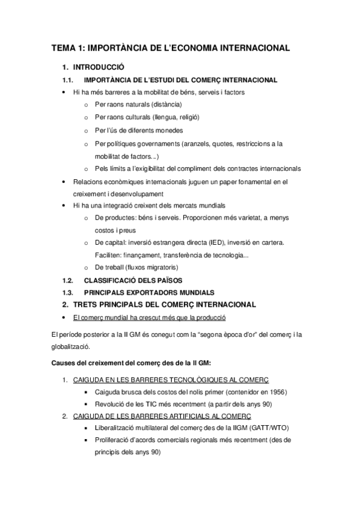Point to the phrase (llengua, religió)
click(x=176, y=117)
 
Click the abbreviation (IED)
click(x=219, y=242)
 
